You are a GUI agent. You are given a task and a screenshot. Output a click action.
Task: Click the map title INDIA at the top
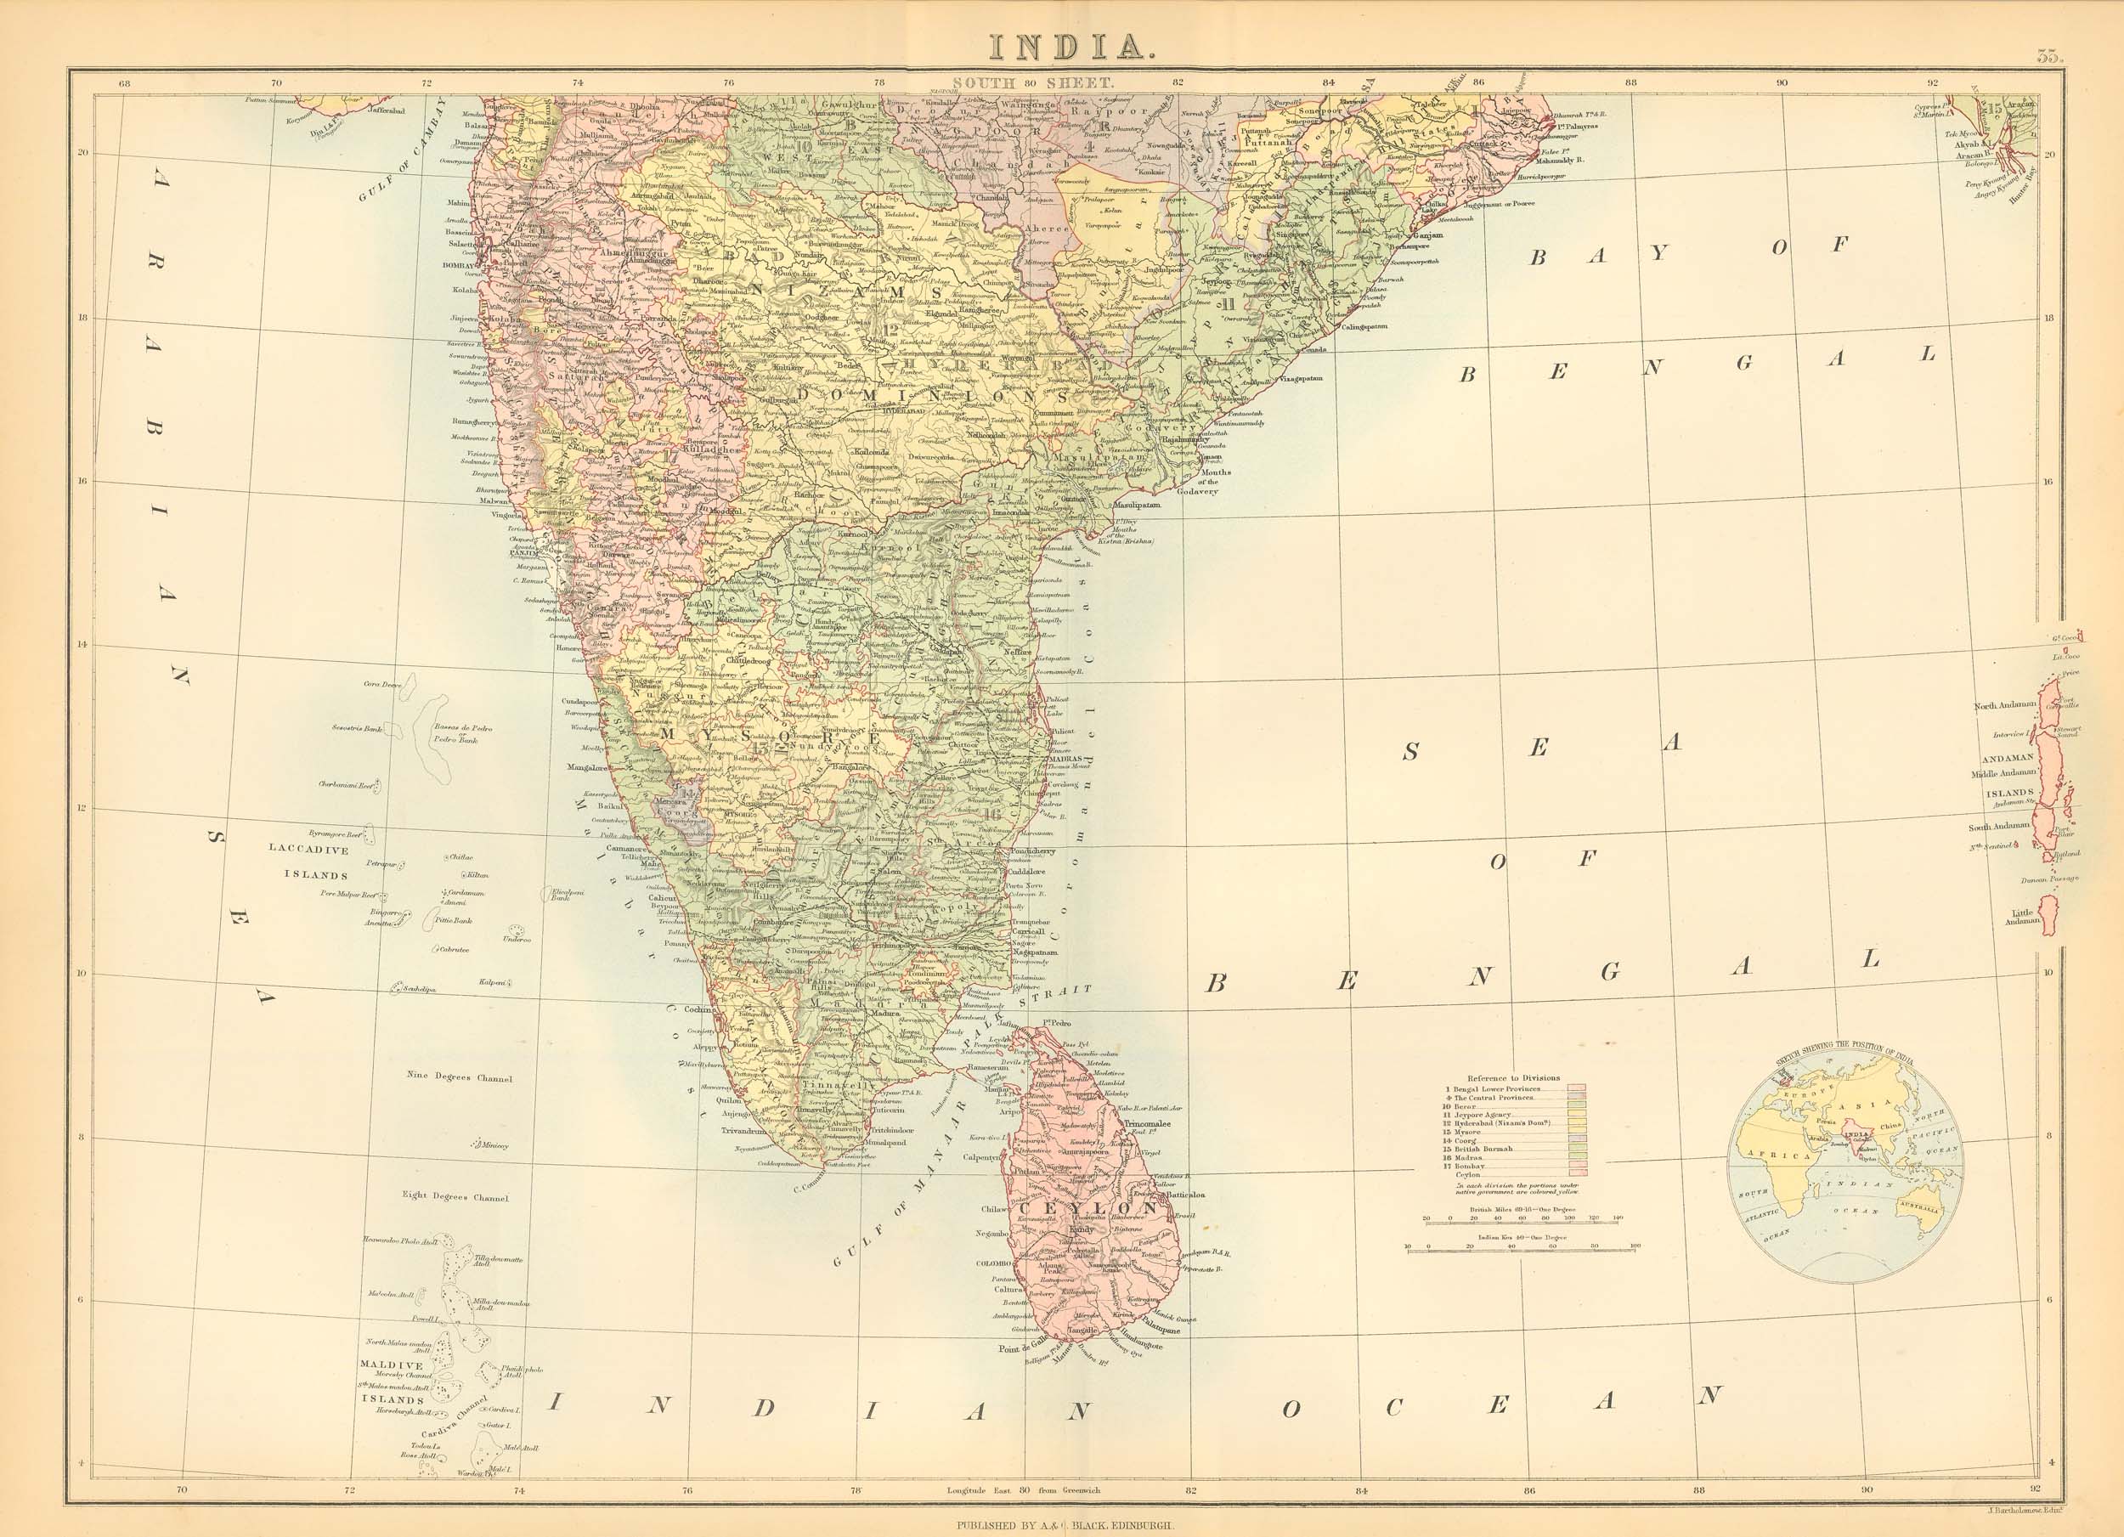(x=1061, y=46)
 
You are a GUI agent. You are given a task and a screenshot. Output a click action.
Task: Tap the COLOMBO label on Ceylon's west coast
(x=991, y=1263)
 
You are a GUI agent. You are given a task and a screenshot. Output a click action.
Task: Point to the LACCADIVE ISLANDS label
(x=309, y=862)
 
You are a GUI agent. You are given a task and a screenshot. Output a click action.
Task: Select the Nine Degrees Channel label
(x=460, y=1077)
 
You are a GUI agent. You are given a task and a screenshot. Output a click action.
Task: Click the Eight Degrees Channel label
(x=455, y=1197)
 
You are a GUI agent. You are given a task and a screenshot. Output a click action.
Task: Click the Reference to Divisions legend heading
(x=1514, y=1078)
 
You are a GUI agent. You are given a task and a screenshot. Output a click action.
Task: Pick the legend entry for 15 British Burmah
(x=1484, y=1150)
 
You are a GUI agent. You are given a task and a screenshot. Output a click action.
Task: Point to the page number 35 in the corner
(x=2049, y=55)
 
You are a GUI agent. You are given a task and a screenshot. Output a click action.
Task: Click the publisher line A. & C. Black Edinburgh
(x=1062, y=1525)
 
